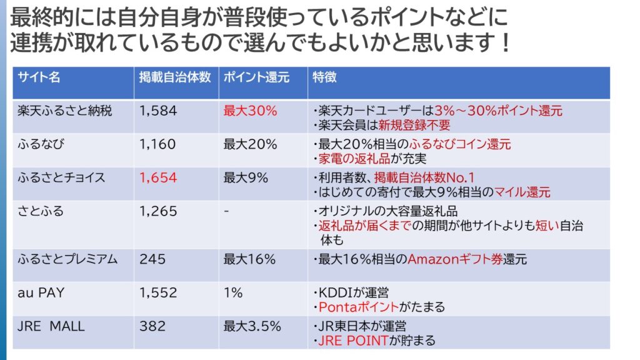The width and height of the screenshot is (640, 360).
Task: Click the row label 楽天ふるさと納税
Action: coord(66,111)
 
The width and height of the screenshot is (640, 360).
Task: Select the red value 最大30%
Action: coord(250,111)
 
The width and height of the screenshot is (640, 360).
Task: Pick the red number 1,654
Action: coord(158,178)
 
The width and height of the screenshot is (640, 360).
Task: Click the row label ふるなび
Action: coord(42,144)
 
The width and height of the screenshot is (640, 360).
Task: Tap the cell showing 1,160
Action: coord(158,144)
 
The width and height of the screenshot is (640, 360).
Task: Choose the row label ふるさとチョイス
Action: coord(61,178)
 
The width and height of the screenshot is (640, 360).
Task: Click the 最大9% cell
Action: coord(246,178)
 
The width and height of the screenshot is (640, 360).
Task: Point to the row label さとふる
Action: coord(41,211)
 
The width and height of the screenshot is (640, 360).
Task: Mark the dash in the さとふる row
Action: coord(226,211)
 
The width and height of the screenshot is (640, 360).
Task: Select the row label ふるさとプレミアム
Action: coord(67,259)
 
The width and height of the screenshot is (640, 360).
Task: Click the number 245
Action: coord(152,259)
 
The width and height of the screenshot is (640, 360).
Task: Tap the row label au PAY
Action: coord(41,292)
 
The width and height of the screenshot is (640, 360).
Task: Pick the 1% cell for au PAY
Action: coord(233,292)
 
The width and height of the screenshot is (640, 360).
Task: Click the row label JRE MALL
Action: coord(51,326)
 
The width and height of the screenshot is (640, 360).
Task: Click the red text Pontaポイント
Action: coord(359,307)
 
